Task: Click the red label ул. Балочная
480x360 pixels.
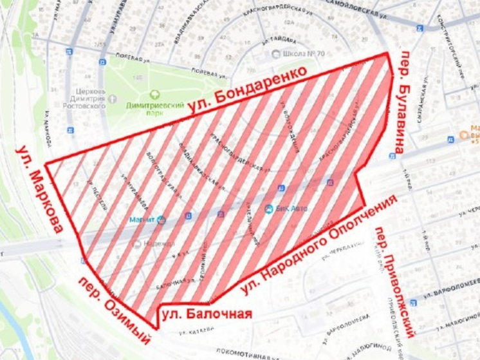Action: [x=207, y=315]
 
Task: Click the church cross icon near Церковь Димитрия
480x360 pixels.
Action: [x=113, y=99]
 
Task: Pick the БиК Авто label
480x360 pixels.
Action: [x=291, y=208]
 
